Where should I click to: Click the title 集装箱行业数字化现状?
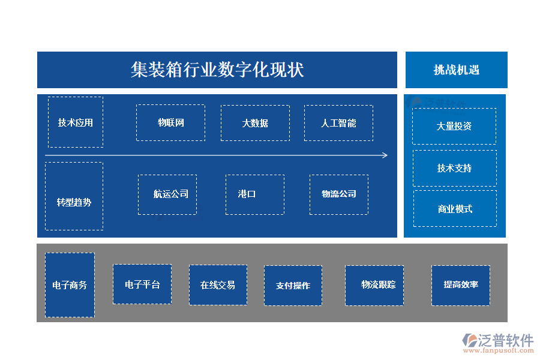(217, 70)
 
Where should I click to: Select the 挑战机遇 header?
(457, 70)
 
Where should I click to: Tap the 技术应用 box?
(76, 122)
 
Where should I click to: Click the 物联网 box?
(170, 123)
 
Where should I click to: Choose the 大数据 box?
(255, 123)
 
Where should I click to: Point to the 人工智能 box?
(338, 123)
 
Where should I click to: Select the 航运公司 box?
(167, 194)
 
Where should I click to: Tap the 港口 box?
(255, 194)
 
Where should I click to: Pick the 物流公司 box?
(339, 194)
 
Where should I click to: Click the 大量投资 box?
(454, 126)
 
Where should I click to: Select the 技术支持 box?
(454, 168)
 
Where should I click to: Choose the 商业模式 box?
(455, 209)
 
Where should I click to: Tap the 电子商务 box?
(70, 285)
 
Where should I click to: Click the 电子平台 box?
(142, 284)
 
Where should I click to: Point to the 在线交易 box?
(218, 285)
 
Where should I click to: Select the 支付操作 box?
(293, 286)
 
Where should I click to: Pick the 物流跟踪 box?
(374, 285)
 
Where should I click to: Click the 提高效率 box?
(461, 285)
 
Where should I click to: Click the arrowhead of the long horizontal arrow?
(385, 155)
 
